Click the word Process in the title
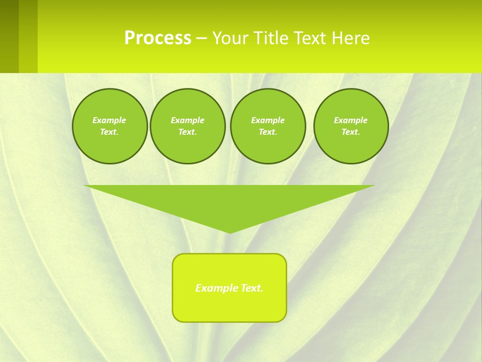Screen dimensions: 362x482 coord(158,38)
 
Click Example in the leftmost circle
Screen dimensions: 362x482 coord(109,120)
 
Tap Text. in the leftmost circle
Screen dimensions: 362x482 coord(109,132)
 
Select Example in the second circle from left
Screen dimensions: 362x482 coord(187,120)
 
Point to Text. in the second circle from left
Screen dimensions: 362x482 coord(187,132)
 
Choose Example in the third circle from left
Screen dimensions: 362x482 coord(268,120)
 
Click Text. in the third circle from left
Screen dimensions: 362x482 coord(268,132)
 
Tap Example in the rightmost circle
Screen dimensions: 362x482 coord(350,120)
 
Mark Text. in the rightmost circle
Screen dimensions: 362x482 coord(350,132)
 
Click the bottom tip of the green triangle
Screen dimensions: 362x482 coord(229,232)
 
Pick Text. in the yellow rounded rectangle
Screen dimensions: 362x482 coord(252,288)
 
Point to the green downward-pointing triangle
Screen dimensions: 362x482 coord(229,201)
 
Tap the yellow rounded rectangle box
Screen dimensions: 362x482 coord(229,307)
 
